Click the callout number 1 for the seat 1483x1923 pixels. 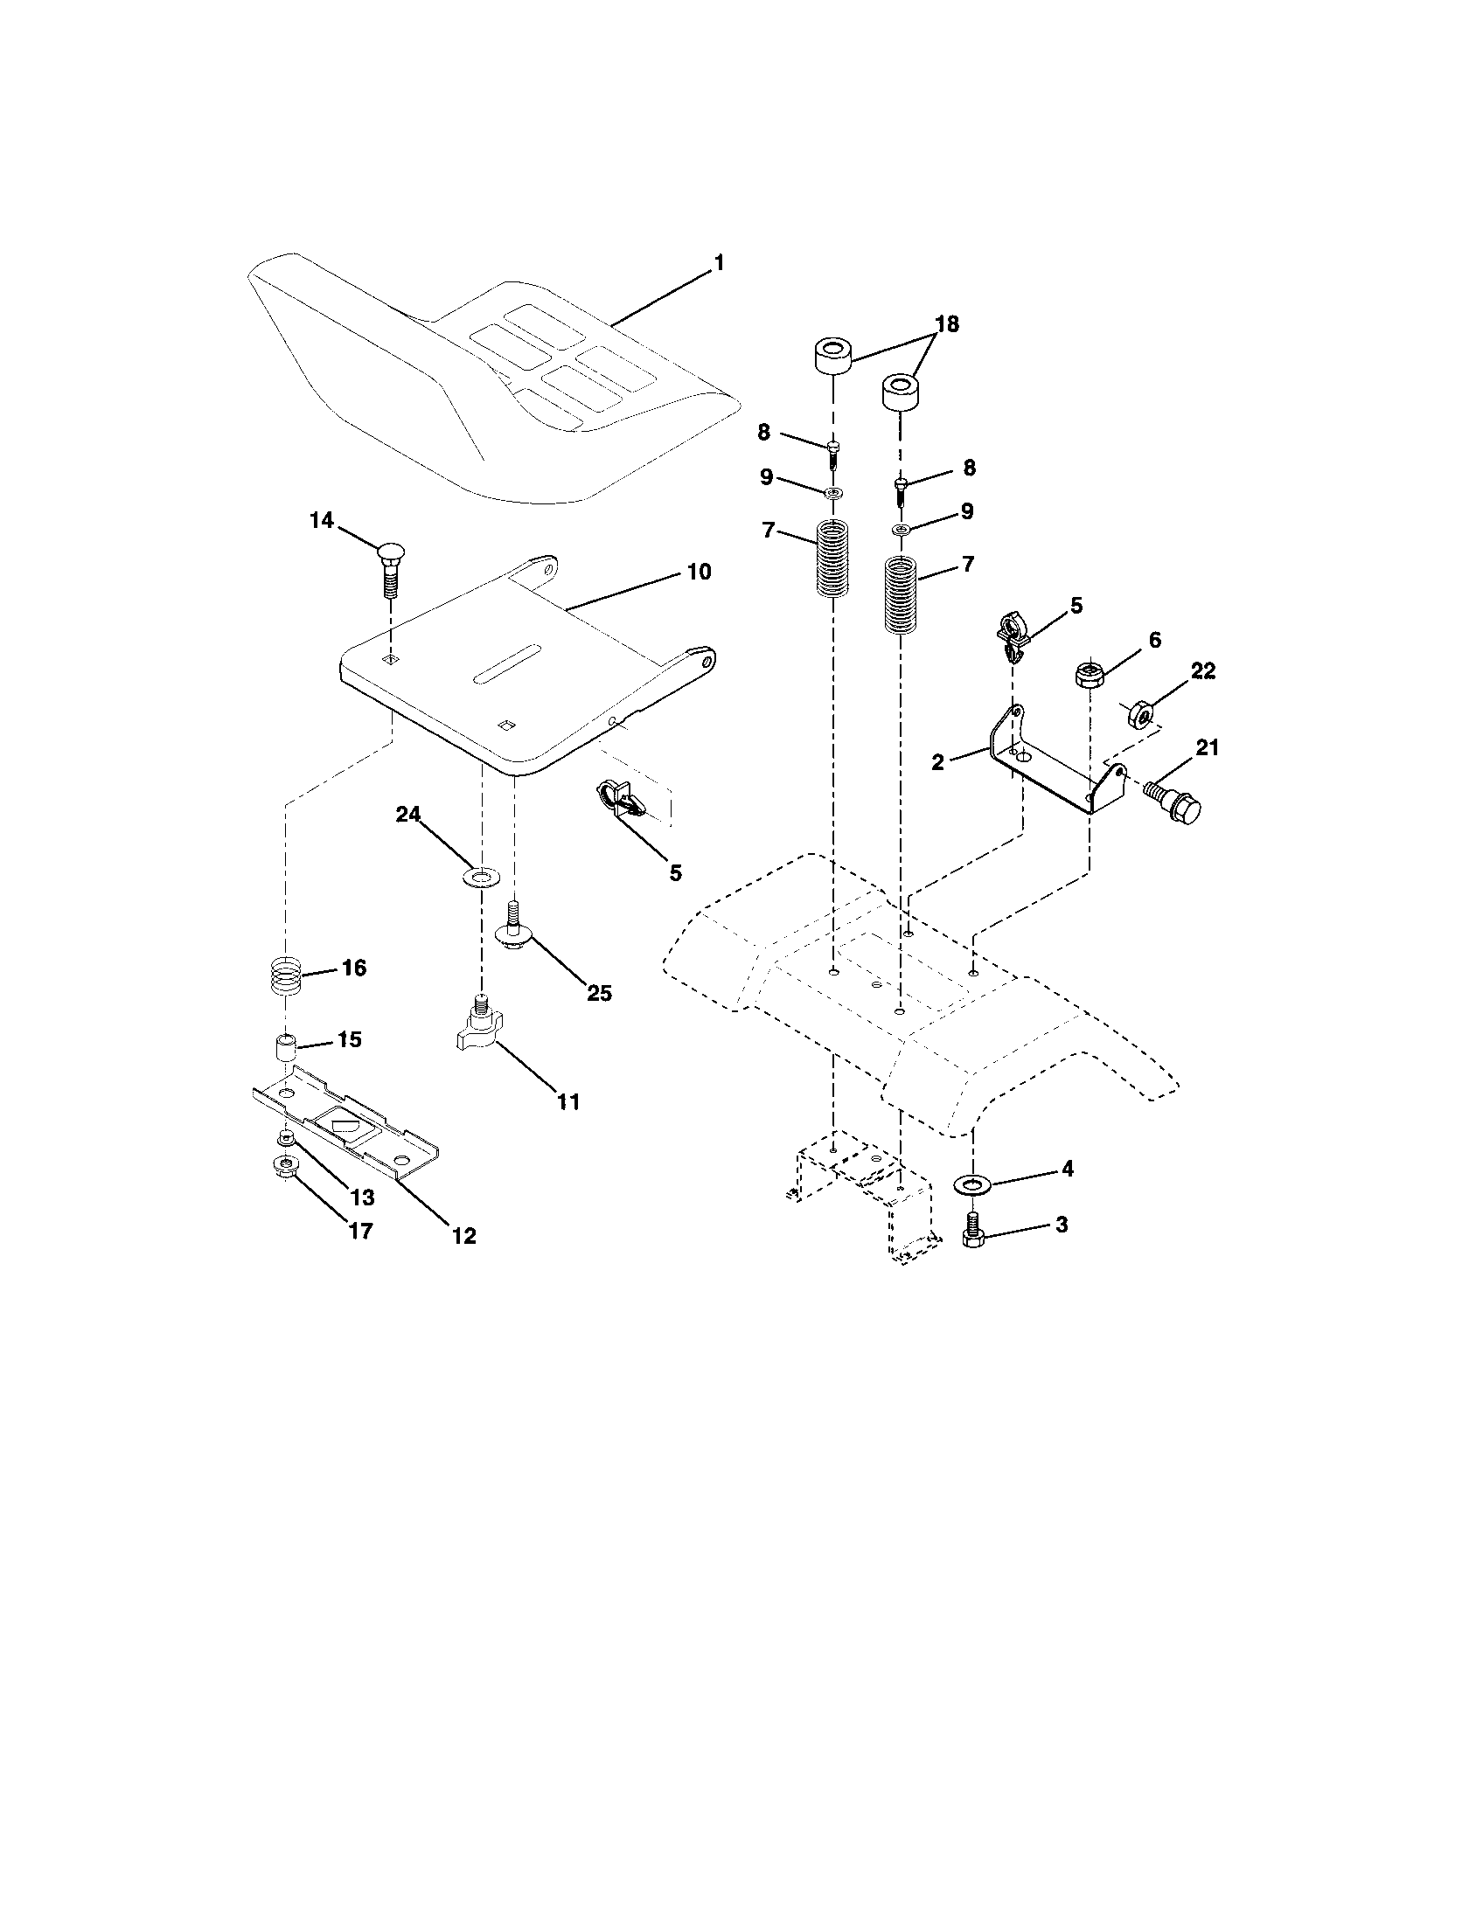(x=719, y=263)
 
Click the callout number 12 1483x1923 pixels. (x=464, y=1236)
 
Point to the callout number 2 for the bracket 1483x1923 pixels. (x=937, y=762)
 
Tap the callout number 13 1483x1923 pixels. (x=363, y=1198)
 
